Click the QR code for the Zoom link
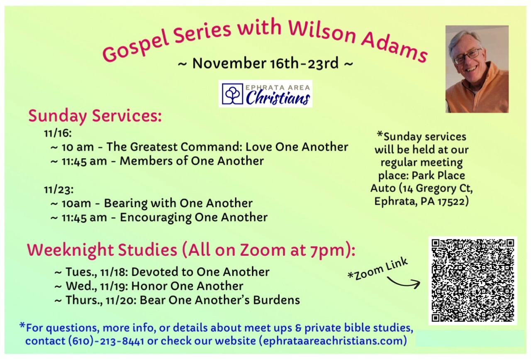tap(473, 281)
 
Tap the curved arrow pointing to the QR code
tap(403, 283)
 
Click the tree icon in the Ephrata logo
tap(232, 93)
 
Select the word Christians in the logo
tap(278, 98)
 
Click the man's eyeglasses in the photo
tap(468, 56)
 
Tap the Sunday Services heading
tap(95, 116)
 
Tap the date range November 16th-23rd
tap(265, 64)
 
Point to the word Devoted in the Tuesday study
tap(154, 272)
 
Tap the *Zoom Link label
tap(378, 269)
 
